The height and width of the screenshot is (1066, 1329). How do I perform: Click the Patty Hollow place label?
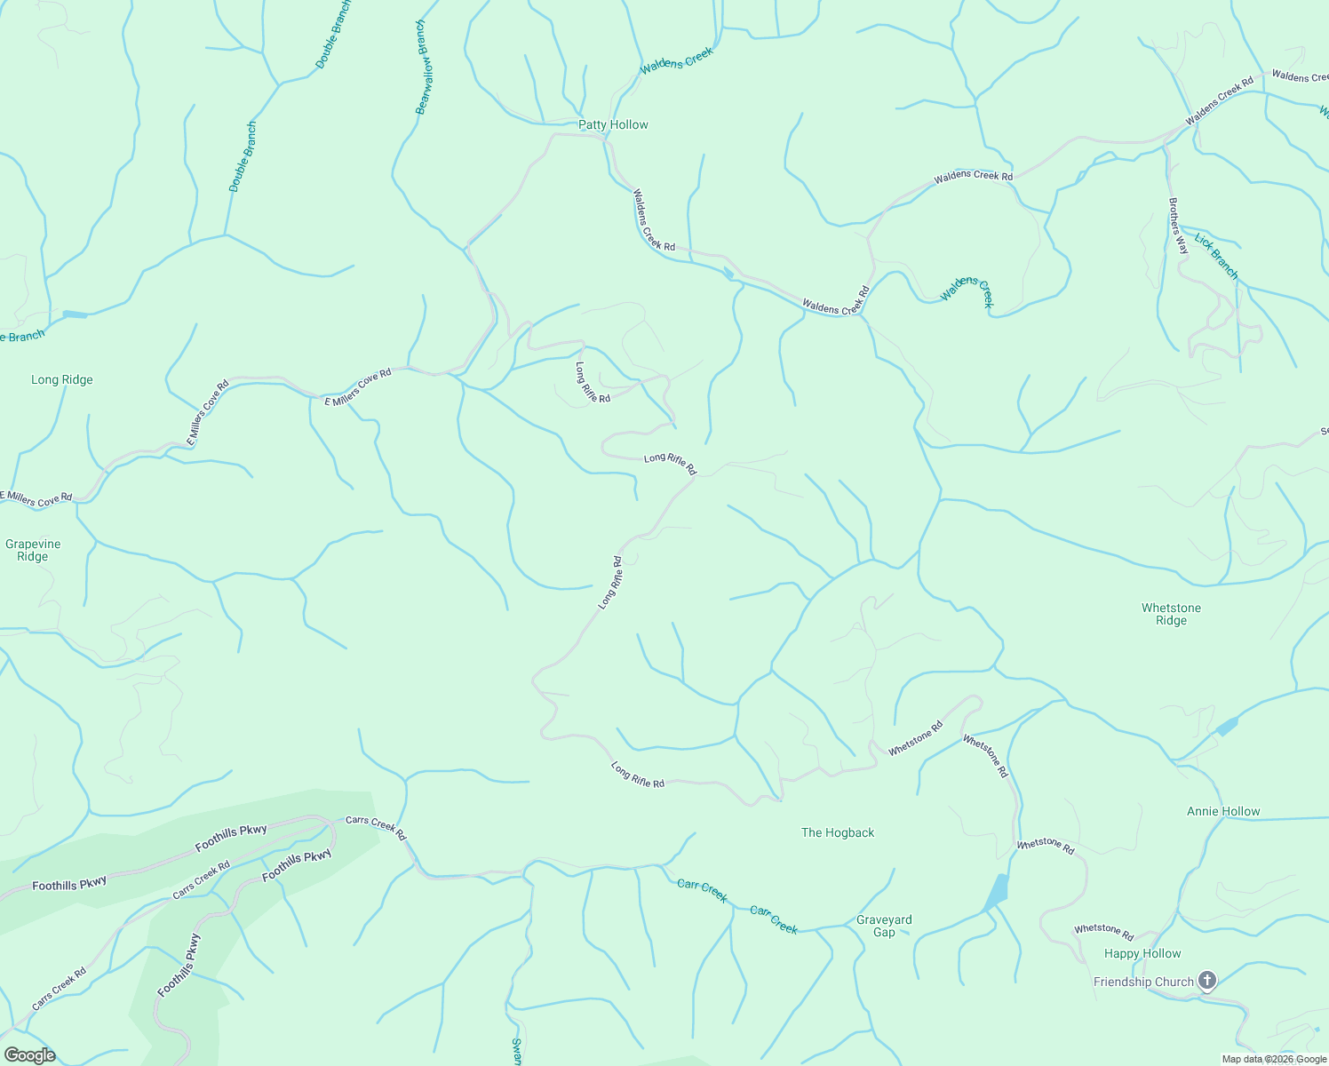pyautogui.click(x=613, y=124)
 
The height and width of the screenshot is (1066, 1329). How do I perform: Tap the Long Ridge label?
pyautogui.click(x=62, y=379)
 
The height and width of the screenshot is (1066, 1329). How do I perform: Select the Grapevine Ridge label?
pyautogui.click(x=33, y=550)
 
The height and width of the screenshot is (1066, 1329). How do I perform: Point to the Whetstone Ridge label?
pyautogui.click(x=1171, y=614)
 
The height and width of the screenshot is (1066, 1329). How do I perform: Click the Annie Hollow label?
pyautogui.click(x=1223, y=811)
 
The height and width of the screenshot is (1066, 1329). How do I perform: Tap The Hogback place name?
pyautogui.click(x=838, y=832)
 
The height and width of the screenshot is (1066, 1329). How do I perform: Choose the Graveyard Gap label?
pyautogui.click(x=884, y=926)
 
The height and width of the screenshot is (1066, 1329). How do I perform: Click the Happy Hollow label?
pyautogui.click(x=1142, y=953)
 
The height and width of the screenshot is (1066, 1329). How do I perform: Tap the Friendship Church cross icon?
pyautogui.click(x=1206, y=981)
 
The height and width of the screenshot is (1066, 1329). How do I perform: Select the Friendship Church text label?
pyautogui.click(x=1143, y=982)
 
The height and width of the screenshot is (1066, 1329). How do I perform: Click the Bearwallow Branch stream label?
pyautogui.click(x=425, y=68)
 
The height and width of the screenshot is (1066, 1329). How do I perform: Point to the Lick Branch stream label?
pyautogui.click(x=1216, y=256)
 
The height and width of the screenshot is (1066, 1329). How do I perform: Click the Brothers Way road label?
pyautogui.click(x=1178, y=226)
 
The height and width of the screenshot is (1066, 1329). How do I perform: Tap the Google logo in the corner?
pyautogui.click(x=29, y=1054)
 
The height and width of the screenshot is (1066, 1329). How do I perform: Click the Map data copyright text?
pyautogui.click(x=1273, y=1059)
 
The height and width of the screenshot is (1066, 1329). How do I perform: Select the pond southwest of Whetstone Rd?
pyautogui.click(x=996, y=893)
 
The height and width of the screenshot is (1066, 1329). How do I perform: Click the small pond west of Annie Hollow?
pyautogui.click(x=1227, y=727)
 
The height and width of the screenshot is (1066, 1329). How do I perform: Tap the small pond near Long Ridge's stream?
pyautogui.click(x=76, y=314)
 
